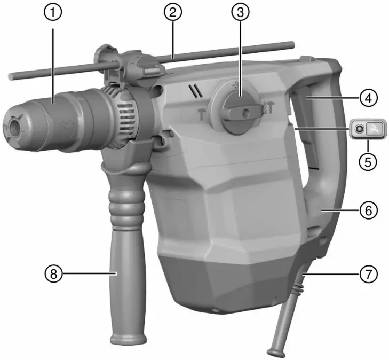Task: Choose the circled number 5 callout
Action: pyautogui.click(x=367, y=161)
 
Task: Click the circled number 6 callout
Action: pyautogui.click(x=368, y=210)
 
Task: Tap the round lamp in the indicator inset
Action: pyautogui.click(x=359, y=129)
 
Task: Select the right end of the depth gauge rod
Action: pyautogui.click(x=292, y=44)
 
